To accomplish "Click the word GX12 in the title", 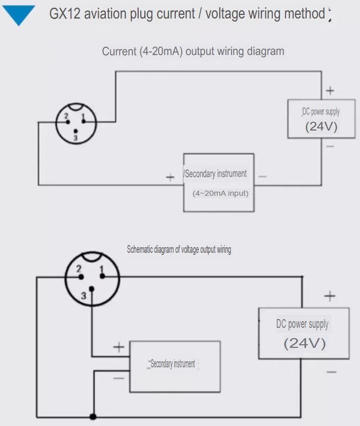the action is pos(65,13).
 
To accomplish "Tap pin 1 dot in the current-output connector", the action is pos(83,121).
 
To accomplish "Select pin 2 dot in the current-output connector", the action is pos(68,122).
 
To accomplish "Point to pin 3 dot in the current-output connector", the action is pos(75,132).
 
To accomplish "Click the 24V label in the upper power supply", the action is pos(321,126).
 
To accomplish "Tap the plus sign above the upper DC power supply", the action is pos(330,90).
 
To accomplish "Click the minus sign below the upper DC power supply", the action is pos(330,146).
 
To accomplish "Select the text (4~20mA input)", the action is pos(220,193).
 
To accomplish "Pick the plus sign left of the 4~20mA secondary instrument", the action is pos(170,177).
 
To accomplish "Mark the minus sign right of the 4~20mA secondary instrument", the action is pos(262,177).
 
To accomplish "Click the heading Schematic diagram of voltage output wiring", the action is pos(179,249).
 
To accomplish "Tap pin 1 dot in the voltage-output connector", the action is pos(102,276).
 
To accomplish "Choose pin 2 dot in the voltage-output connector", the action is pos(81,277).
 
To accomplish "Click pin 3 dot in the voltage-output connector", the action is pos(92,289).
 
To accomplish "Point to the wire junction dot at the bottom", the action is pos(93,416).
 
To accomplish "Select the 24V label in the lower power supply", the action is pos(305,343).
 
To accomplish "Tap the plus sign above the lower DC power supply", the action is pos(330,296).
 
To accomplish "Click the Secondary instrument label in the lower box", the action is pos(173,363).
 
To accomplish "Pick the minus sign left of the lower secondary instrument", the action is pos(119,378).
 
